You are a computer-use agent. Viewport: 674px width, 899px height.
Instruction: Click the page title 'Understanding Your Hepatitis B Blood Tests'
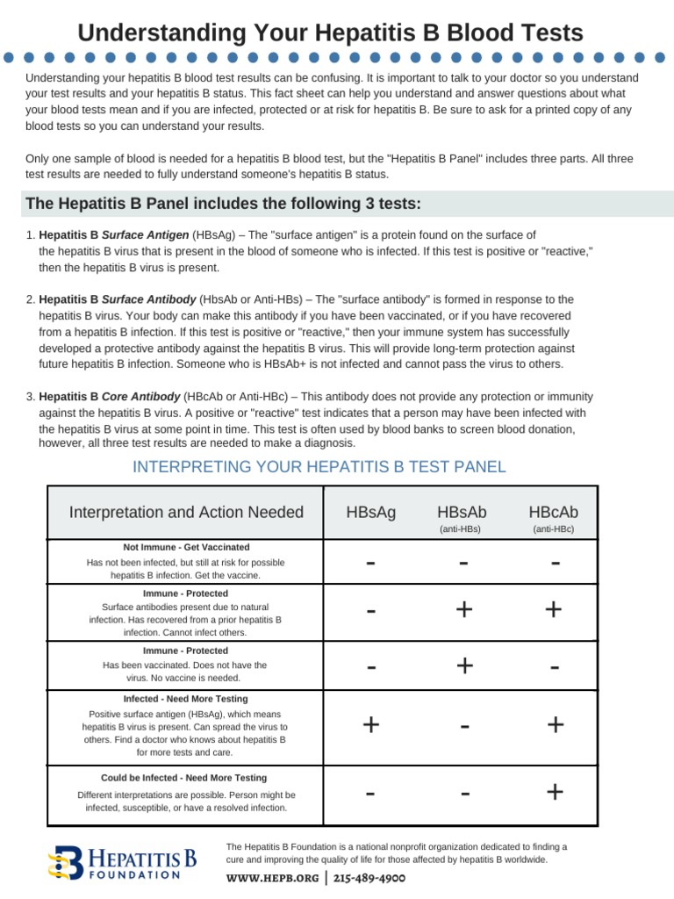click(330, 33)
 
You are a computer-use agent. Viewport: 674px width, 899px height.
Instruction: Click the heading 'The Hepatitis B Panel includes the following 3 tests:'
click(224, 204)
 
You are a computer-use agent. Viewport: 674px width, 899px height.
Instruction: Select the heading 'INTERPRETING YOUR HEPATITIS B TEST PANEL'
click(319, 466)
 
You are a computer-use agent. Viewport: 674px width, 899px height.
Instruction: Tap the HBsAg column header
click(371, 513)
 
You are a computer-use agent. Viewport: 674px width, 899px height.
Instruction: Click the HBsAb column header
click(461, 513)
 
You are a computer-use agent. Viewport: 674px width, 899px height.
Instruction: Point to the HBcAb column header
click(553, 513)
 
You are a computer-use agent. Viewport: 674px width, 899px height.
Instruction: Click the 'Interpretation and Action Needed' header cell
click(186, 513)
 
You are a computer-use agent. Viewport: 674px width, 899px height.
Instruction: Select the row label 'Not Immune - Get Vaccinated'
click(186, 547)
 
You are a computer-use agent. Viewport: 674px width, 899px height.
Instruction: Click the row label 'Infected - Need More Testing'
click(186, 699)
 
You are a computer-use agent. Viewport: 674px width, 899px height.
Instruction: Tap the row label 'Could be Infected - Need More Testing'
click(183, 778)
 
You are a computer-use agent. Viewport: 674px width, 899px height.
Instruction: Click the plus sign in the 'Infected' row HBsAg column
click(371, 724)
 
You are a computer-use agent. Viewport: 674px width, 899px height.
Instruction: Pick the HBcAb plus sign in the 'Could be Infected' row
click(554, 792)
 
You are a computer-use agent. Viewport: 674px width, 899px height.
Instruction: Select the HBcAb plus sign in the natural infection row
click(554, 609)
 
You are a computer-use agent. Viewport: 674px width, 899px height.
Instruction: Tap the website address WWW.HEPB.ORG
click(272, 877)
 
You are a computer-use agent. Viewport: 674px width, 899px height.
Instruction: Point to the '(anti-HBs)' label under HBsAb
click(461, 529)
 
